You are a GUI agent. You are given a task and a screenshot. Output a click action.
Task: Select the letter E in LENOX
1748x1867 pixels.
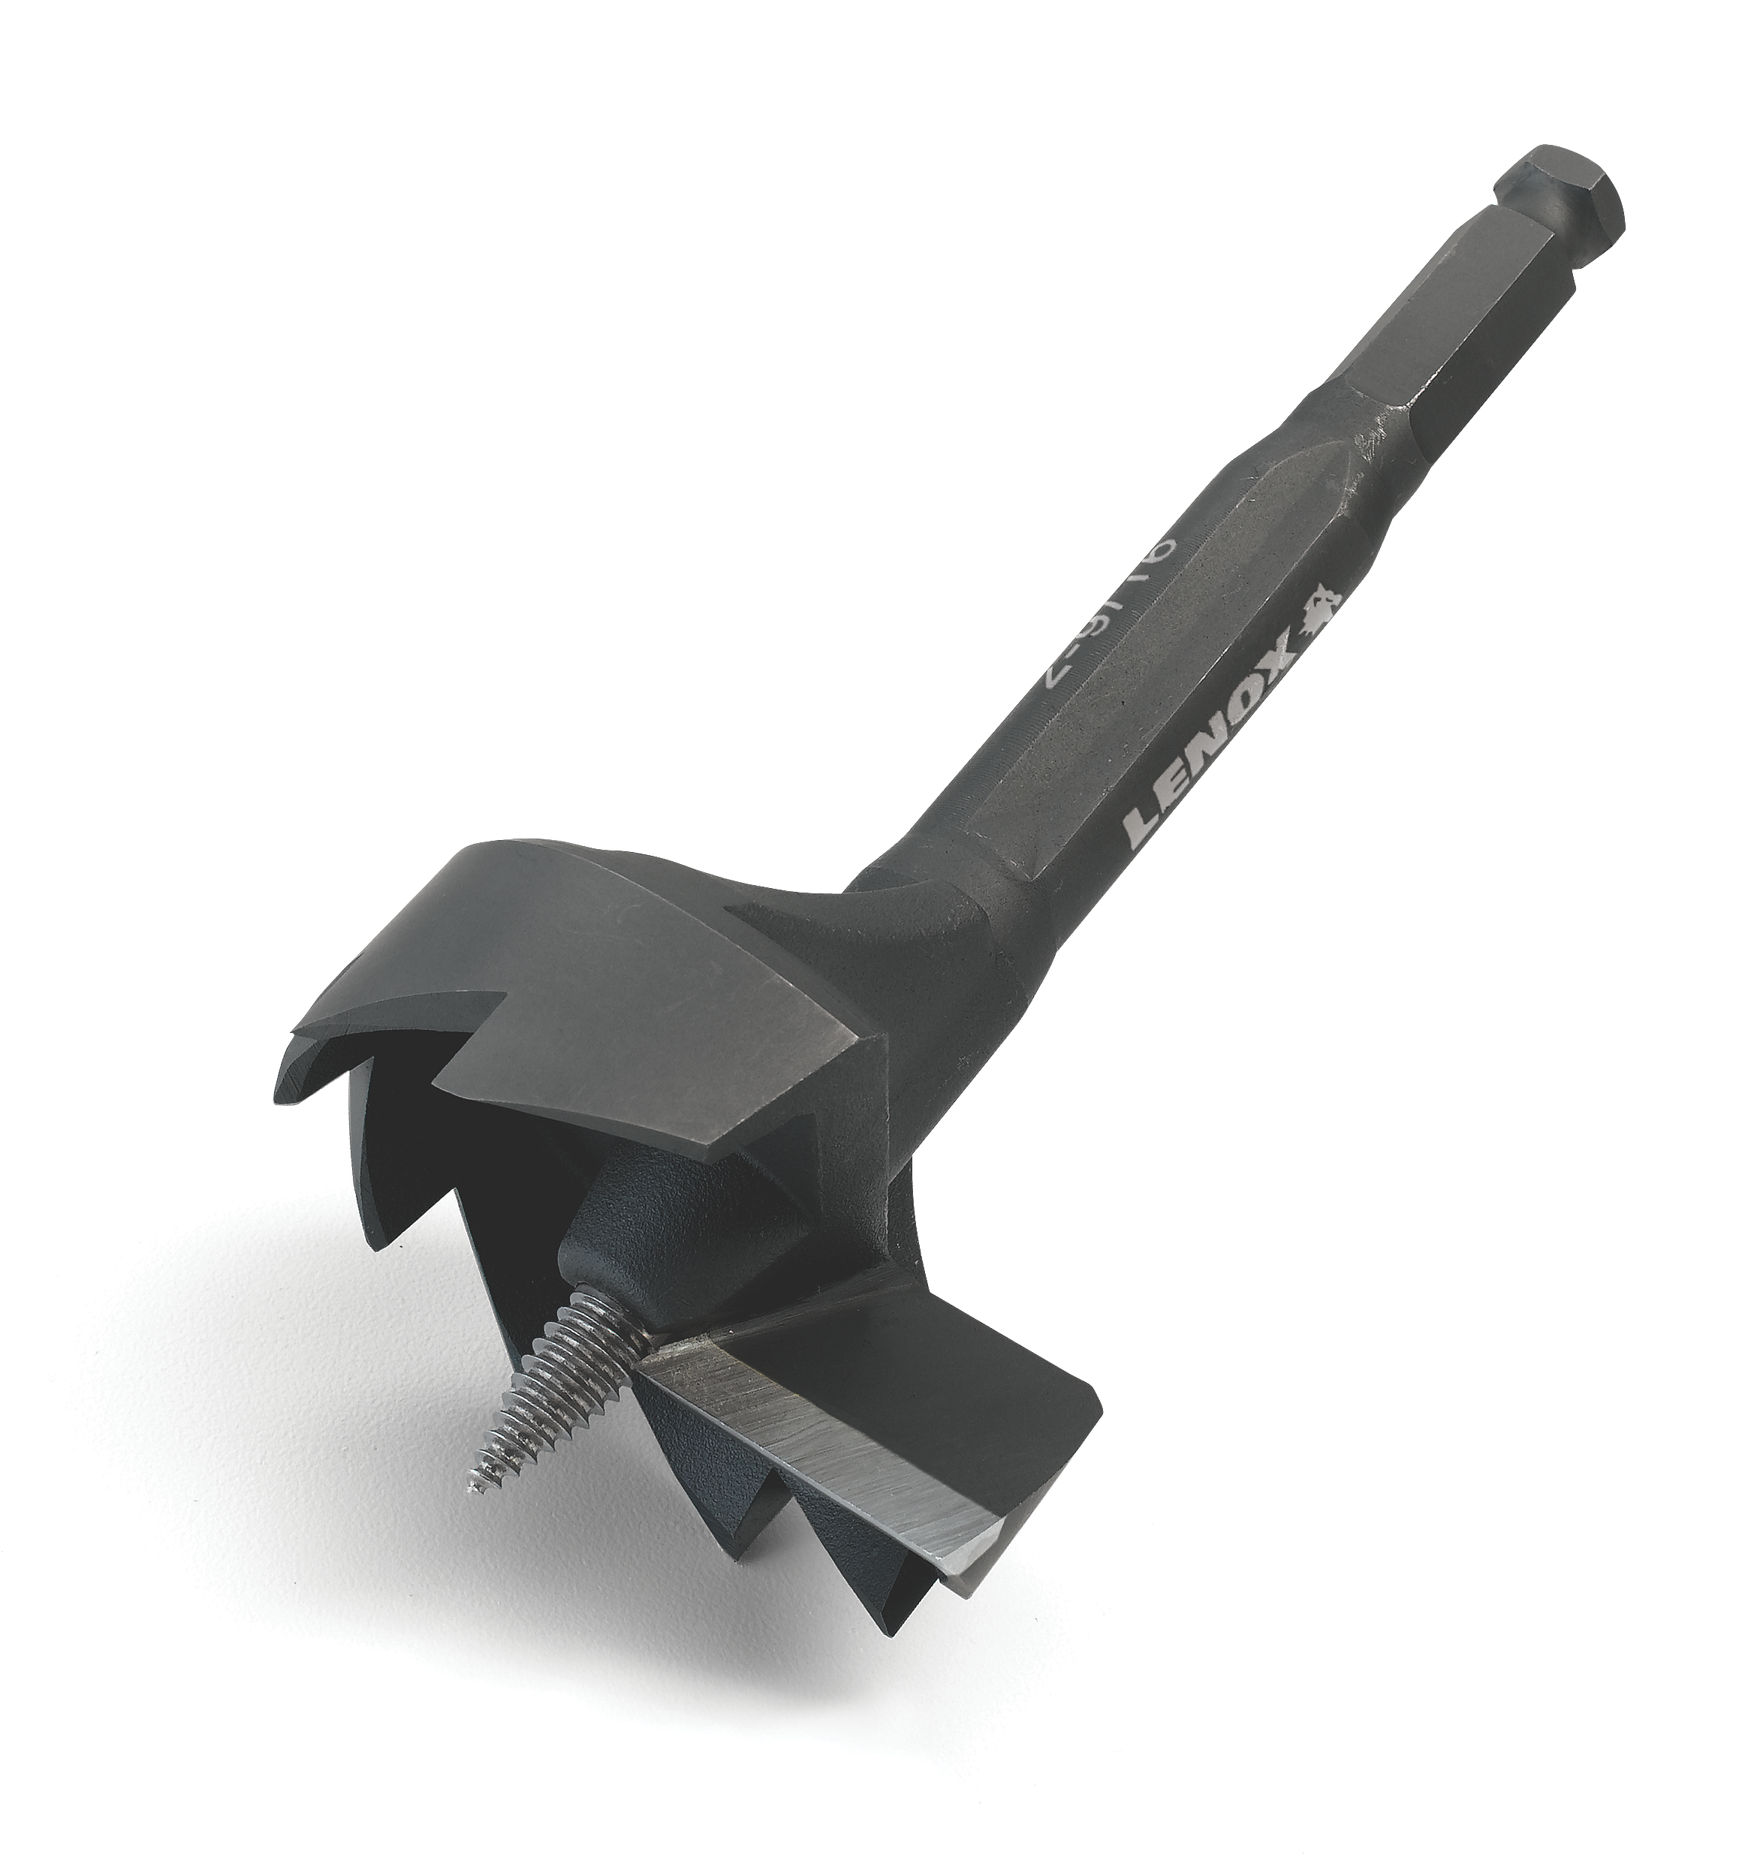1173,785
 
